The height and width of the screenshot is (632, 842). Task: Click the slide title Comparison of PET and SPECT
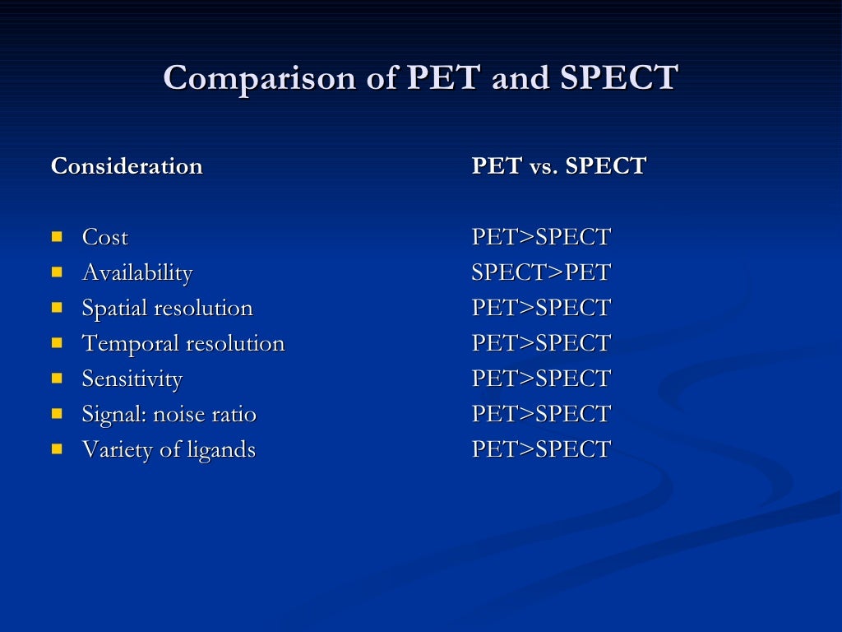tap(420, 78)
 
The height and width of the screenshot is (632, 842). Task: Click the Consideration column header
tap(127, 166)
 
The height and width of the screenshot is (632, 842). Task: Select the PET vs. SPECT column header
tap(558, 166)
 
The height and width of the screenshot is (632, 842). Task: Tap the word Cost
tap(105, 238)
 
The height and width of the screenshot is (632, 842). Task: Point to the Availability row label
tap(137, 273)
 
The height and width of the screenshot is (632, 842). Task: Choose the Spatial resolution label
tap(167, 309)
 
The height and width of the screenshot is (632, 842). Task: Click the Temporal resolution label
tap(183, 344)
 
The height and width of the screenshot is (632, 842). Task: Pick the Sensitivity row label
tap(132, 379)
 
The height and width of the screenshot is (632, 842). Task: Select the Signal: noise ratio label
tap(169, 415)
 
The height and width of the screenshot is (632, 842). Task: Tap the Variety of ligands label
tap(169, 450)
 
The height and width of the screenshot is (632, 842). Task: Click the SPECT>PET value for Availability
tap(540, 272)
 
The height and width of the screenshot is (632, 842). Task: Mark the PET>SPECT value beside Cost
tap(540, 237)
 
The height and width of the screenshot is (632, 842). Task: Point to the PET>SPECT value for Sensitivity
tap(540, 379)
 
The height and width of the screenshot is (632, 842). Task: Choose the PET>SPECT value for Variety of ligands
tap(540, 449)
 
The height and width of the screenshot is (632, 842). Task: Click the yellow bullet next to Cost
tap(57, 236)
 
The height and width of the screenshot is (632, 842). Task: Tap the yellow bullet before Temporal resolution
tap(57, 342)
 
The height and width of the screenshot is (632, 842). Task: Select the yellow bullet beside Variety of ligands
tap(57, 448)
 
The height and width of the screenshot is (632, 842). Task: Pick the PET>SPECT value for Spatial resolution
tap(540, 308)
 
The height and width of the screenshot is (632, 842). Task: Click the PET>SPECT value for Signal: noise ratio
tap(540, 414)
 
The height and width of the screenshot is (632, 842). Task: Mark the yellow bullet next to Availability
tap(57, 272)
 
